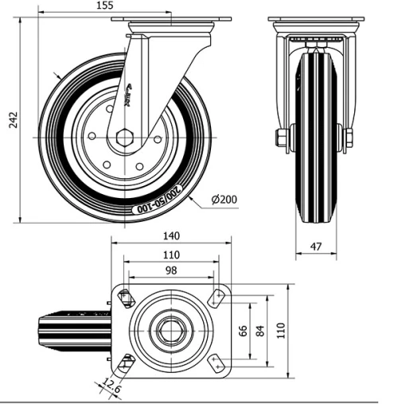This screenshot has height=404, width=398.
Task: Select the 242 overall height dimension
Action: tap(13, 119)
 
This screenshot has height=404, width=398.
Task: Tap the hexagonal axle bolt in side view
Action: tap(123, 138)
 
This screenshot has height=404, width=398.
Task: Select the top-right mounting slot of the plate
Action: tap(216, 298)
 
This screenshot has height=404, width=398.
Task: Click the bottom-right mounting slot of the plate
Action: tap(216, 362)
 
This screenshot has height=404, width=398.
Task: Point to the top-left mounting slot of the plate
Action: tap(126, 298)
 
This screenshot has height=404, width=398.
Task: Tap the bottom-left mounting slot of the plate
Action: tap(126, 363)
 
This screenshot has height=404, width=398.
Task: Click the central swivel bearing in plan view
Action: tap(170, 330)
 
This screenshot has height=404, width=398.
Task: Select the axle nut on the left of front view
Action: tap(281, 138)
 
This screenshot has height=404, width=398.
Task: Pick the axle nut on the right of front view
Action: tap(349, 138)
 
